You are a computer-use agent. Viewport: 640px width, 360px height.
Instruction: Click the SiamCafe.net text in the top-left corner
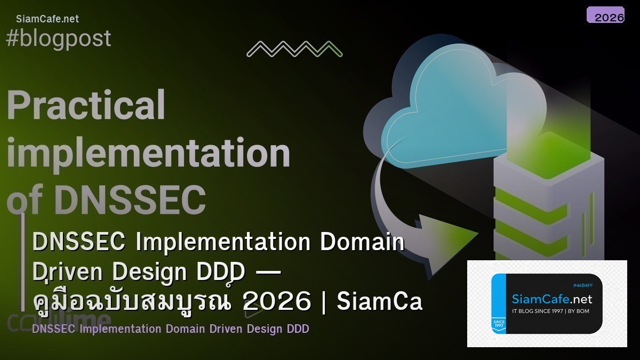[x=47, y=19]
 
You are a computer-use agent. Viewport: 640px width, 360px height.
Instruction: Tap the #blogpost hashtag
[x=59, y=38]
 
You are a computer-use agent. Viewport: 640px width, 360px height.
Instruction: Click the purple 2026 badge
[x=605, y=15]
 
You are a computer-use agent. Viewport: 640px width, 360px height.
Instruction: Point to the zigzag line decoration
[x=294, y=49]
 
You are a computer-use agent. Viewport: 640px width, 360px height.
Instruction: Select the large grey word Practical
[x=86, y=105]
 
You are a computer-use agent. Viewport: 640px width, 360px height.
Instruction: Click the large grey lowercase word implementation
[x=148, y=153]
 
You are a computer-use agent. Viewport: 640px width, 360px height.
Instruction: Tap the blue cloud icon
[x=453, y=104]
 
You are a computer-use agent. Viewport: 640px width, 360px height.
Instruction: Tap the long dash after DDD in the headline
[x=268, y=272]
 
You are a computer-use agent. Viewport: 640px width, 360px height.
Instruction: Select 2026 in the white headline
[x=276, y=302]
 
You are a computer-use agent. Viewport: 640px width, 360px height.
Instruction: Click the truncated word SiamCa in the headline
[x=379, y=302]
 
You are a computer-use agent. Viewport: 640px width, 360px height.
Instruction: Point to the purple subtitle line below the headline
[x=170, y=329]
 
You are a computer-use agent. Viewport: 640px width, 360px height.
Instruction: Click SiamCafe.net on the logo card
[x=551, y=299]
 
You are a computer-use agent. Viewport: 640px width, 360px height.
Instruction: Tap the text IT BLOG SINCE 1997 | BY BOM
[x=550, y=311]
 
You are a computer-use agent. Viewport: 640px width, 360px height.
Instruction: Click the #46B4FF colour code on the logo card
[x=582, y=285]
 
